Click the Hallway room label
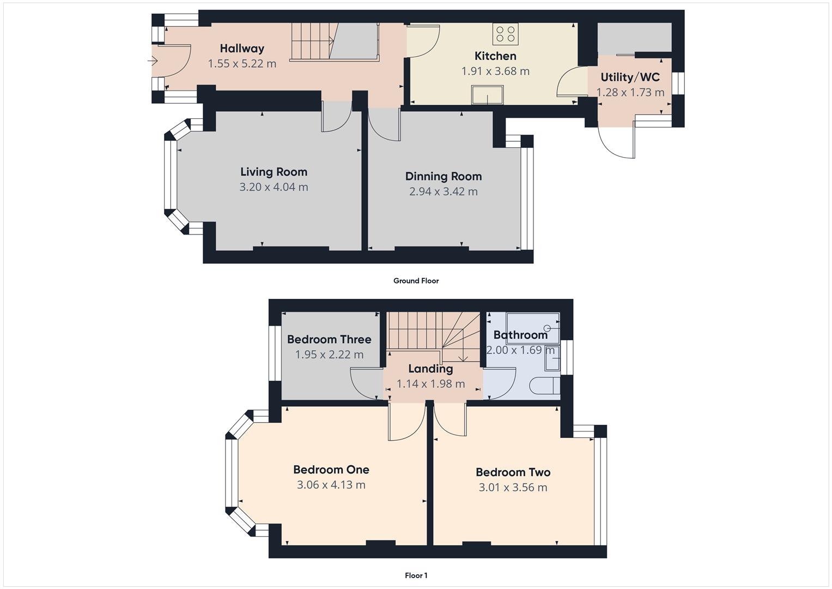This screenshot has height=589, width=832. pyautogui.click(x=242, y=49)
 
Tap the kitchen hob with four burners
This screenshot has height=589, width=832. pyautogui.click(x=505, y=33)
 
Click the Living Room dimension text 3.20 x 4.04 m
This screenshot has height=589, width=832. pyautogui.click(x=274, y=187)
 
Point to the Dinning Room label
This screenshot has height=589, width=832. pyautogui.click(x=443, y=176)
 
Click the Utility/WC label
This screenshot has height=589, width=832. pyautogui.click(x=630, y=77)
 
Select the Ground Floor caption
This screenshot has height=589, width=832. pyautogui.click(x=416, y=281)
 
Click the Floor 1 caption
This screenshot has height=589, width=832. pyautogui.click(x=416, y=575)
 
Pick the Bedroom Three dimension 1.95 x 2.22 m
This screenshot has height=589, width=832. pyautogui.click(x=329, y=354)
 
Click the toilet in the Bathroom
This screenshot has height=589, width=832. pyautogui.click(x=545, y=386)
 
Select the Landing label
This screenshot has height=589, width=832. pyautogui.click(x=430, y=369)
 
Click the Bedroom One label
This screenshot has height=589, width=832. pyautogui.click(x=331, y=470)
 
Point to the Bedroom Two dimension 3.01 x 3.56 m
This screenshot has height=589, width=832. pyautogui.click(x=513, y=488)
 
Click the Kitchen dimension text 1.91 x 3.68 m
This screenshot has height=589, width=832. pyautogui.click(x=495, y=71)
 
